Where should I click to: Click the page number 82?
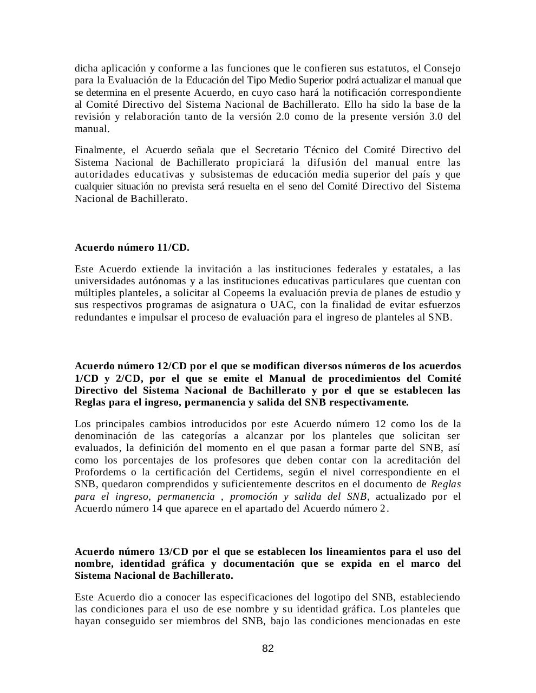pos(268,649)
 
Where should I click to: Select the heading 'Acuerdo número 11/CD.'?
pos(132,248)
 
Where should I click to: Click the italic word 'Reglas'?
pos(446,484)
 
